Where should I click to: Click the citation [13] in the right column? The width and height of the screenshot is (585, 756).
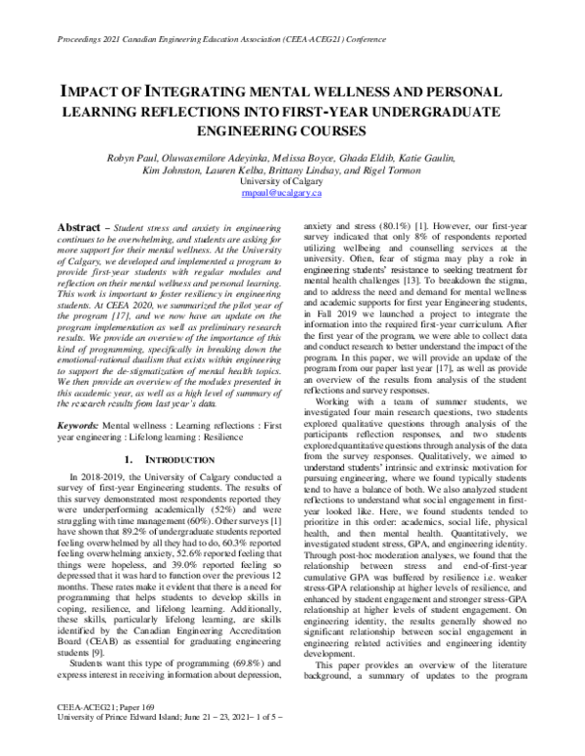422,282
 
